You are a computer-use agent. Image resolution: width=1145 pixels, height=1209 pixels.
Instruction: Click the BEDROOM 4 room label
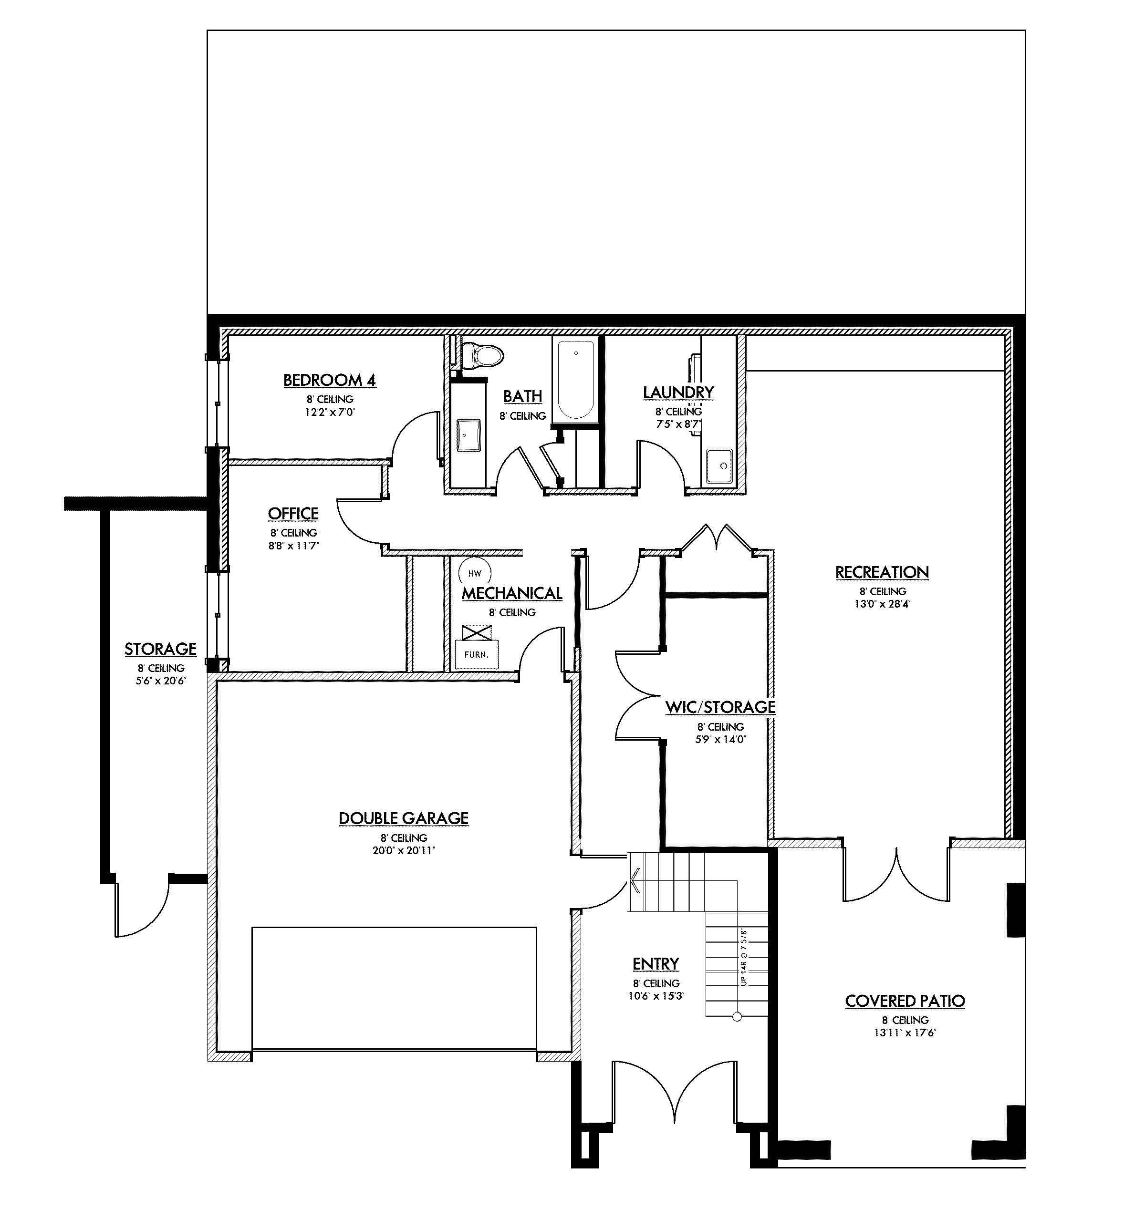tap(329, 380)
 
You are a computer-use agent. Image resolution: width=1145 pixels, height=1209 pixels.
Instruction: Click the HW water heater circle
tap(474, 573)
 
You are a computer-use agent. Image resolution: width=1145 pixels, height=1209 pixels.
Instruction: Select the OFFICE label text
tap(293, 514)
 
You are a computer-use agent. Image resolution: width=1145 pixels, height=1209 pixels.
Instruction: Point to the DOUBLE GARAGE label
tap(404, 818)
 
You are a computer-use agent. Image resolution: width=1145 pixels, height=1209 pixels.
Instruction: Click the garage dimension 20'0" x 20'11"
tap(404, 850)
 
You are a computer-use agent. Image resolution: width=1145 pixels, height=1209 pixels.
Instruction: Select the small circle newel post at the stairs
tap(737, 1016)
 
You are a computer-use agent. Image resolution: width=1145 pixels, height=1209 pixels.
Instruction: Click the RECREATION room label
tap(882, 572)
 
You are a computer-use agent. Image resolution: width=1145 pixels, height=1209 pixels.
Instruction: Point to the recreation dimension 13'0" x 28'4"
tap(882, 605)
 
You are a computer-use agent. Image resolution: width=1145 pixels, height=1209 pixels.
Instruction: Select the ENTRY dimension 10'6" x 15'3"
tap(656, 996)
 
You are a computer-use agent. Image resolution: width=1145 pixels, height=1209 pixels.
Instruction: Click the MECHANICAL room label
tap(511, 593)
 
